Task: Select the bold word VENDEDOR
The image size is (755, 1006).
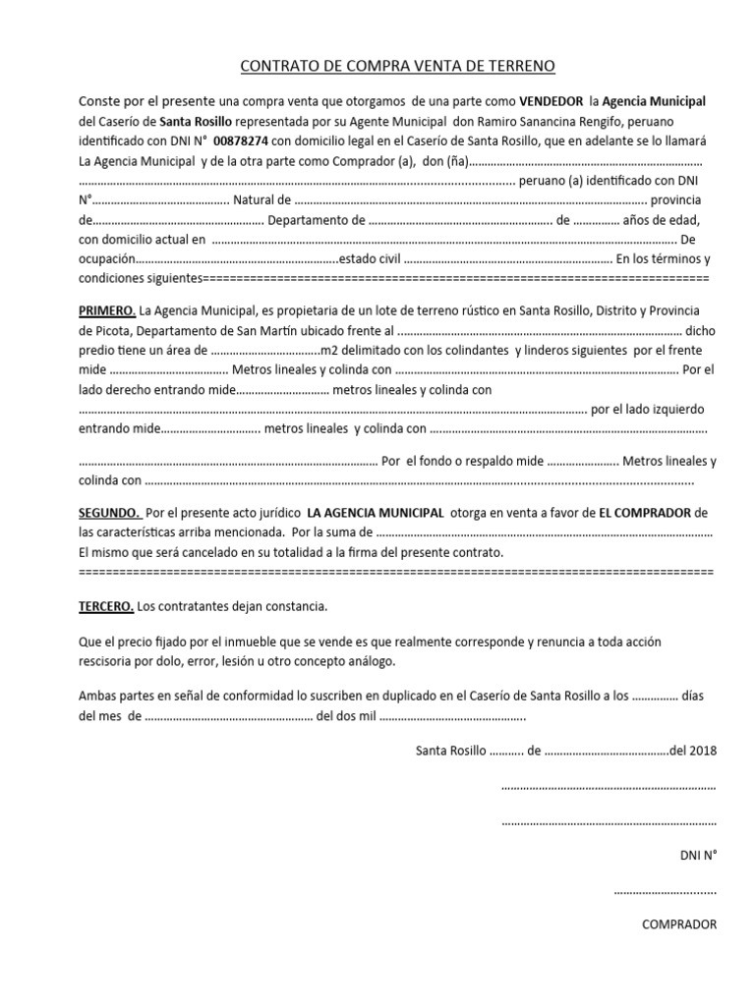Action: point(551,101)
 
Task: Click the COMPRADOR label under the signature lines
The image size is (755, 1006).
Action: point(679,923)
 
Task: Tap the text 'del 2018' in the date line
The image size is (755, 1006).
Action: point(693,751)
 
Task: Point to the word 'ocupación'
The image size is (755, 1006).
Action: point(104,259)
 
